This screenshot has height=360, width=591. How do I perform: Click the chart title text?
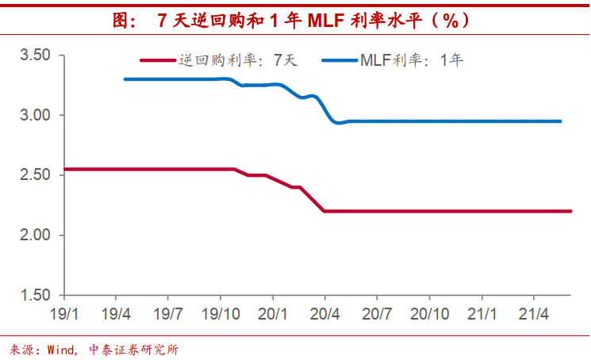(294, 20)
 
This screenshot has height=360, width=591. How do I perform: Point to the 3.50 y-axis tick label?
(34, 55)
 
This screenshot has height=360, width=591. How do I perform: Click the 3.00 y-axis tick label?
(34, 115)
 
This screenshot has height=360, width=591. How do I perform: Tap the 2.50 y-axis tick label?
(34, 175)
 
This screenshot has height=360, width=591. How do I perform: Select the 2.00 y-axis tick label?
(34, 236)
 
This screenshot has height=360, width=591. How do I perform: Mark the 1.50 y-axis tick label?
(34, 296)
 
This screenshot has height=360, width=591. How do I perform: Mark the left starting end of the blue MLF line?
(125, 79)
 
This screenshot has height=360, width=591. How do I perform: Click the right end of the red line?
(570, 211)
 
